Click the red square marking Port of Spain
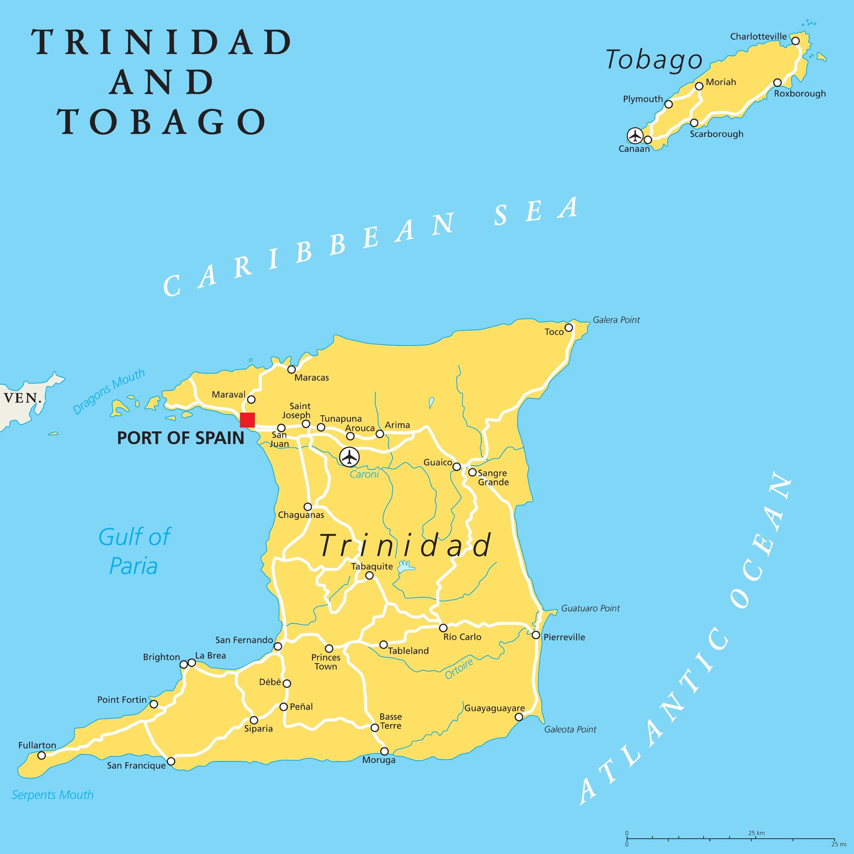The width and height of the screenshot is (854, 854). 247,420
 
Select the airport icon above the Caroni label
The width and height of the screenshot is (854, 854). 349,457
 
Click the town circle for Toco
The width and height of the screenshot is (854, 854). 569,328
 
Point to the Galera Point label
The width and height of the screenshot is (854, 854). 616,320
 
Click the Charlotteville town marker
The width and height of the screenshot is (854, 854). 795,41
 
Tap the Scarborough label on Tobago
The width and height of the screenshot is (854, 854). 716,134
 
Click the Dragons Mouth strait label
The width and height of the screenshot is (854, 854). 108,391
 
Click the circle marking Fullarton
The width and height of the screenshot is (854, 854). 42,756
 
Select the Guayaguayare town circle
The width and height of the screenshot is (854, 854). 519,717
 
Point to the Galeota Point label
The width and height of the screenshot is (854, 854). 570,729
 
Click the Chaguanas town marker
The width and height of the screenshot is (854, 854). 308,507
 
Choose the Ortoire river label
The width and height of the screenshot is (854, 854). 459,668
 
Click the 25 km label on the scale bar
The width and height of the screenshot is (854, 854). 756,833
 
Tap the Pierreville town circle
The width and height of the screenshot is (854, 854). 536,635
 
